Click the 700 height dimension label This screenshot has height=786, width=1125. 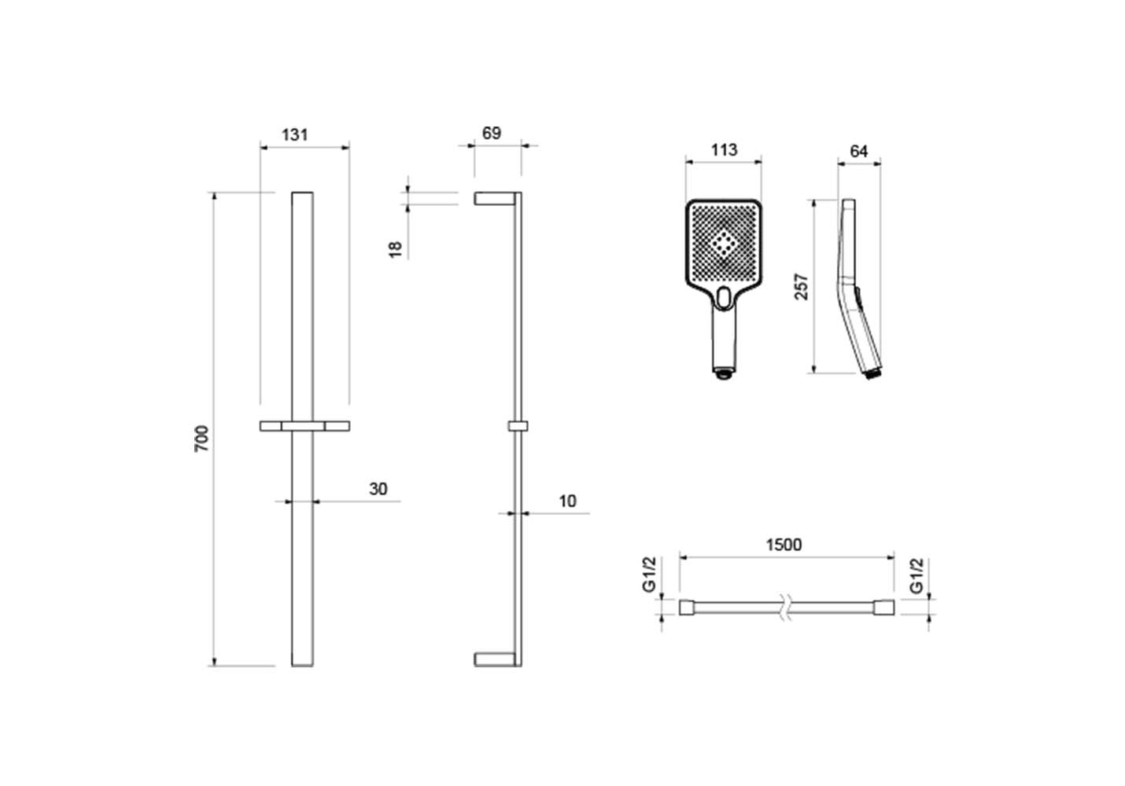(201, 438)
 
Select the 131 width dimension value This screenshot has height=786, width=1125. (295, 134)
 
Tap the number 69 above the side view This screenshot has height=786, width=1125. (491, 133)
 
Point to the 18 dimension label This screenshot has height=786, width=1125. (396, 249)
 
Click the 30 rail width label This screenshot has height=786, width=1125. (378, 488)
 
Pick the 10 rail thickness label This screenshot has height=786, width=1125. (567, 501)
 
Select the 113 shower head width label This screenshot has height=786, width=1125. (724, 149)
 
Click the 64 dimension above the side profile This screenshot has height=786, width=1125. (859, 151)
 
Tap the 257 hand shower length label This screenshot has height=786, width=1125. (801, 287)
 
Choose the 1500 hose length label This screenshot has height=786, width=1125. (784, 545)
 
